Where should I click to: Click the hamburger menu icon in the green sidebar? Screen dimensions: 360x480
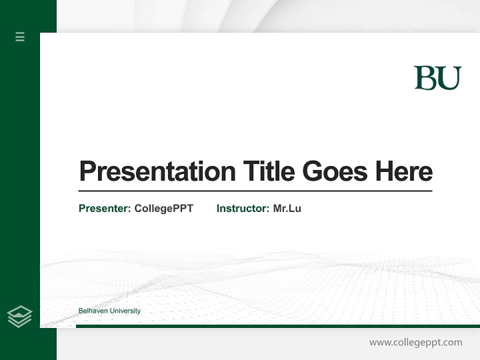20,36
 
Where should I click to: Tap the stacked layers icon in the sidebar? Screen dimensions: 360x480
19,316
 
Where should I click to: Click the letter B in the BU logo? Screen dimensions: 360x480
425,78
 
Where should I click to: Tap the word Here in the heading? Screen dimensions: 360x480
403,171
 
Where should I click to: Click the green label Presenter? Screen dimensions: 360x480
104,208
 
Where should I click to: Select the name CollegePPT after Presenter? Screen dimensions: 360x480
163,208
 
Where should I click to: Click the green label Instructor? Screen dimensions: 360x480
242,208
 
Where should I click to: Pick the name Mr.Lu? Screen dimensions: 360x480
287,208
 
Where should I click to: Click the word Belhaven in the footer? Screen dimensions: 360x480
93,311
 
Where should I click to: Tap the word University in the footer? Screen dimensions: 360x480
125,311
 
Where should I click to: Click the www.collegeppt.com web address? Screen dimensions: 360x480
415,342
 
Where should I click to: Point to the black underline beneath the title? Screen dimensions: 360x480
255,190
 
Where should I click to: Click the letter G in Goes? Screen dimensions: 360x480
312,171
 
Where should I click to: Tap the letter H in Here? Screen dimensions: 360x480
384,171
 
